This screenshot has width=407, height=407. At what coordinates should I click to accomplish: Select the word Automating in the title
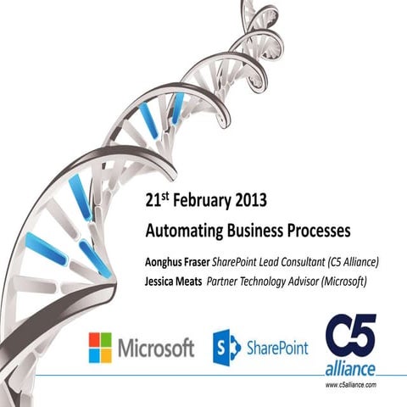[x=180, y=230]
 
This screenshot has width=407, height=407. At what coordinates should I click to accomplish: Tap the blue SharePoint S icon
[x=226, y=347]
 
